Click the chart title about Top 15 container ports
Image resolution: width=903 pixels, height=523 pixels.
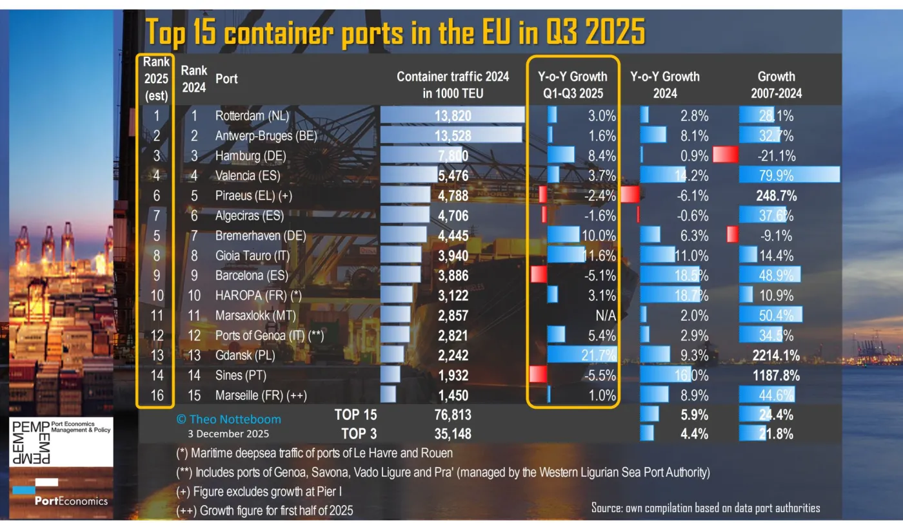click(395, 32)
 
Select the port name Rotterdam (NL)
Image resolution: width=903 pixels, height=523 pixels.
click(252, 116)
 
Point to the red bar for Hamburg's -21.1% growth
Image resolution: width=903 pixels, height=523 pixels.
click(725, 155)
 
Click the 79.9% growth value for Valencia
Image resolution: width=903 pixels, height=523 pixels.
click(777, 175)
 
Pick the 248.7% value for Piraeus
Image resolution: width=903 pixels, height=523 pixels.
click(776, 195)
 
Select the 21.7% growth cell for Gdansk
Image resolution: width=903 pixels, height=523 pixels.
click(598, 355)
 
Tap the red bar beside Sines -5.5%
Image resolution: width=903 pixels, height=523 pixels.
click(538, 375)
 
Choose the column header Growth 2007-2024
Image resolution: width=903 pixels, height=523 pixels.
click(776, 84)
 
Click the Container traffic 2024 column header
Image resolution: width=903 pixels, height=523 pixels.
click(452, 84)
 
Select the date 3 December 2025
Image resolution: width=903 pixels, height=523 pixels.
click(228, 433)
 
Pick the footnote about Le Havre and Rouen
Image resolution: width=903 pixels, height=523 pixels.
click(314, 453)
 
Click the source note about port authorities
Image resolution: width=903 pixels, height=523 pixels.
click(706, 508)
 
